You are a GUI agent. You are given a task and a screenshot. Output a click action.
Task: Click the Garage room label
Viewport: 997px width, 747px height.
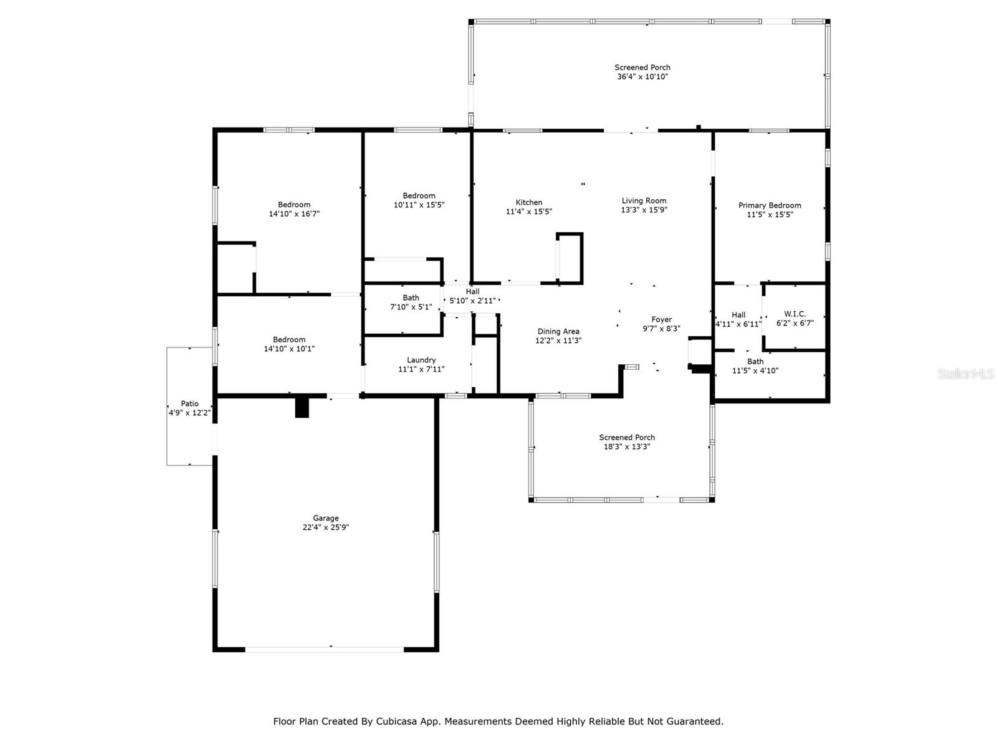[325, 518]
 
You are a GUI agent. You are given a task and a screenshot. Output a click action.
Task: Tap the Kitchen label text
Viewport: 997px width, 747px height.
[528, 202]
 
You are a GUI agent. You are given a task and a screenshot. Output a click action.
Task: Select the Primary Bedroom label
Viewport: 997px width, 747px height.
[770, 205]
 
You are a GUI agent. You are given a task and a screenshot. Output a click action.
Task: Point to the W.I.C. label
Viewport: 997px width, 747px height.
[794, 314]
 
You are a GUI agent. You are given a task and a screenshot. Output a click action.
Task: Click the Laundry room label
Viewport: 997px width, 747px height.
[421, 360]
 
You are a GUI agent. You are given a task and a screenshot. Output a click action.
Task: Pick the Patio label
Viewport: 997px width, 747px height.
[189, 403]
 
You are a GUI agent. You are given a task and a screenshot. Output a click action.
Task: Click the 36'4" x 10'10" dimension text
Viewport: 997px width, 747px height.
[642, 77]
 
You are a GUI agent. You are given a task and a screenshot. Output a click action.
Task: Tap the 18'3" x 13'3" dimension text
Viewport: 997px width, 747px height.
[627, 446]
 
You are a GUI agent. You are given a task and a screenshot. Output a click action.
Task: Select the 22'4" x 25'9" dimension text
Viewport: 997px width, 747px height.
[325, 527]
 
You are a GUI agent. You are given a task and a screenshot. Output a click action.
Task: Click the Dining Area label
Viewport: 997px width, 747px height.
[558, 331]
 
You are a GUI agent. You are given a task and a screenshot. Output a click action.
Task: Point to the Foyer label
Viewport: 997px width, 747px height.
[661, 319]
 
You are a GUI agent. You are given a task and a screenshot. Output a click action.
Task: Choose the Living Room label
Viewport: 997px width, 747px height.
[644, 200]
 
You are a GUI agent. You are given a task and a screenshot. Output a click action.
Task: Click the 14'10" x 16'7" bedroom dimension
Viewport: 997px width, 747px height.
[294, 214]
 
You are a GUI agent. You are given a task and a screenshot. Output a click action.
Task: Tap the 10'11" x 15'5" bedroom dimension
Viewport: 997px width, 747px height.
[419, 205]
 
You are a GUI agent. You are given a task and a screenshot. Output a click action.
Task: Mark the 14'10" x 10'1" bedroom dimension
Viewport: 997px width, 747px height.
[289, 349]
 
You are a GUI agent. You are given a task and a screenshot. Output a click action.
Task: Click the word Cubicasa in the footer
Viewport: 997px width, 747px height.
[399, 721]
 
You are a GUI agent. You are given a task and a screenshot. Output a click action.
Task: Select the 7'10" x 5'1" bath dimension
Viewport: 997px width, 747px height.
[411, 307]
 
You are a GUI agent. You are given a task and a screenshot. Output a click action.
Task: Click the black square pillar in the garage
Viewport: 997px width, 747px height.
[302, 408]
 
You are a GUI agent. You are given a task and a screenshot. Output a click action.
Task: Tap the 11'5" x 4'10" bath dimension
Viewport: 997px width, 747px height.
[755, 370]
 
